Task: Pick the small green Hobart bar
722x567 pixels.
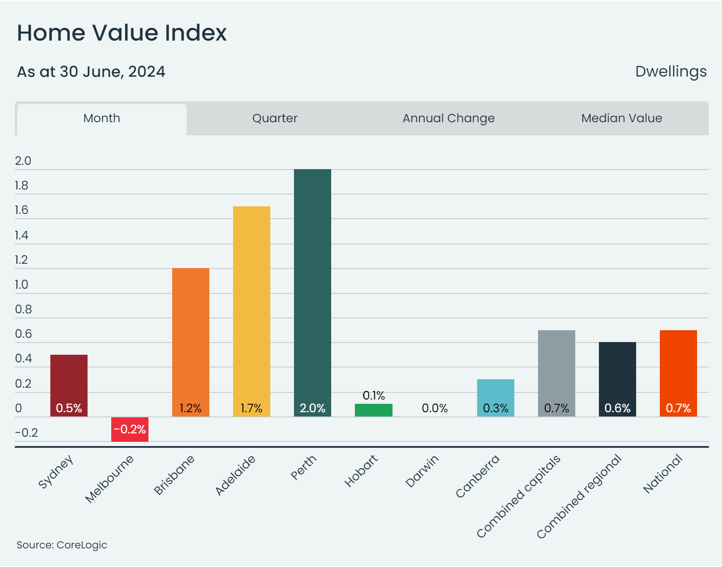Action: tap(373, 410)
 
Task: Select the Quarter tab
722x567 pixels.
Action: tap(275, 118)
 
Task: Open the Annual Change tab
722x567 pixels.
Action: tap(448, 118)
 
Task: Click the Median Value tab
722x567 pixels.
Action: tap(621, 118)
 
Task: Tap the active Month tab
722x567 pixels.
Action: tap(102, 118)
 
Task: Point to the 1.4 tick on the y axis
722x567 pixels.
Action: tap(22, 235)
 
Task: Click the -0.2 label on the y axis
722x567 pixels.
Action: tap(26, 433)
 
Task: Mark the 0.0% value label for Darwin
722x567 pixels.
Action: tap(434, 408)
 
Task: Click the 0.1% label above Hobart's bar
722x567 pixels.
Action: tap(373, 395)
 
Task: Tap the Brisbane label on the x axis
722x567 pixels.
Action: tap(174, 474)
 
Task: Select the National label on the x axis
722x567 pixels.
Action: tap(662, 474)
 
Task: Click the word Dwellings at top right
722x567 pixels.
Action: tap(670, 71)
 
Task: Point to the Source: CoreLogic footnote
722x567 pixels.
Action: tap(62, 545)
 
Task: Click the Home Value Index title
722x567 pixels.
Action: tap(122, 33)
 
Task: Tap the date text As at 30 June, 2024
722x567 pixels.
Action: tap(91, 71)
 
